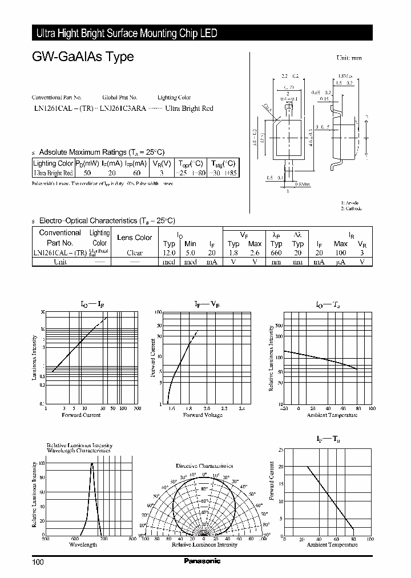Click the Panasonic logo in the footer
coord(202,561)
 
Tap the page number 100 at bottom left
coord(37,562)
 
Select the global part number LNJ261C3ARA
coord(123,108)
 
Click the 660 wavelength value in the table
coord(276,252)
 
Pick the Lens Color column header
coord(134,238)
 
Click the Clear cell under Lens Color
coord(134,252)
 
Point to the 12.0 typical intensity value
coord(169,252)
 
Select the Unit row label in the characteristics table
coord(60,262)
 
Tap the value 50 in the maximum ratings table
coord(87,172)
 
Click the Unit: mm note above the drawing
coord(348,58)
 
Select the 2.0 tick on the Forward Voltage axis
coord(206,408)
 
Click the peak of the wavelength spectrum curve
coord(92,464)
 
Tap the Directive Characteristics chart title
coord(204,466)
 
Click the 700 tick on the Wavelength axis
coord(103,539)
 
